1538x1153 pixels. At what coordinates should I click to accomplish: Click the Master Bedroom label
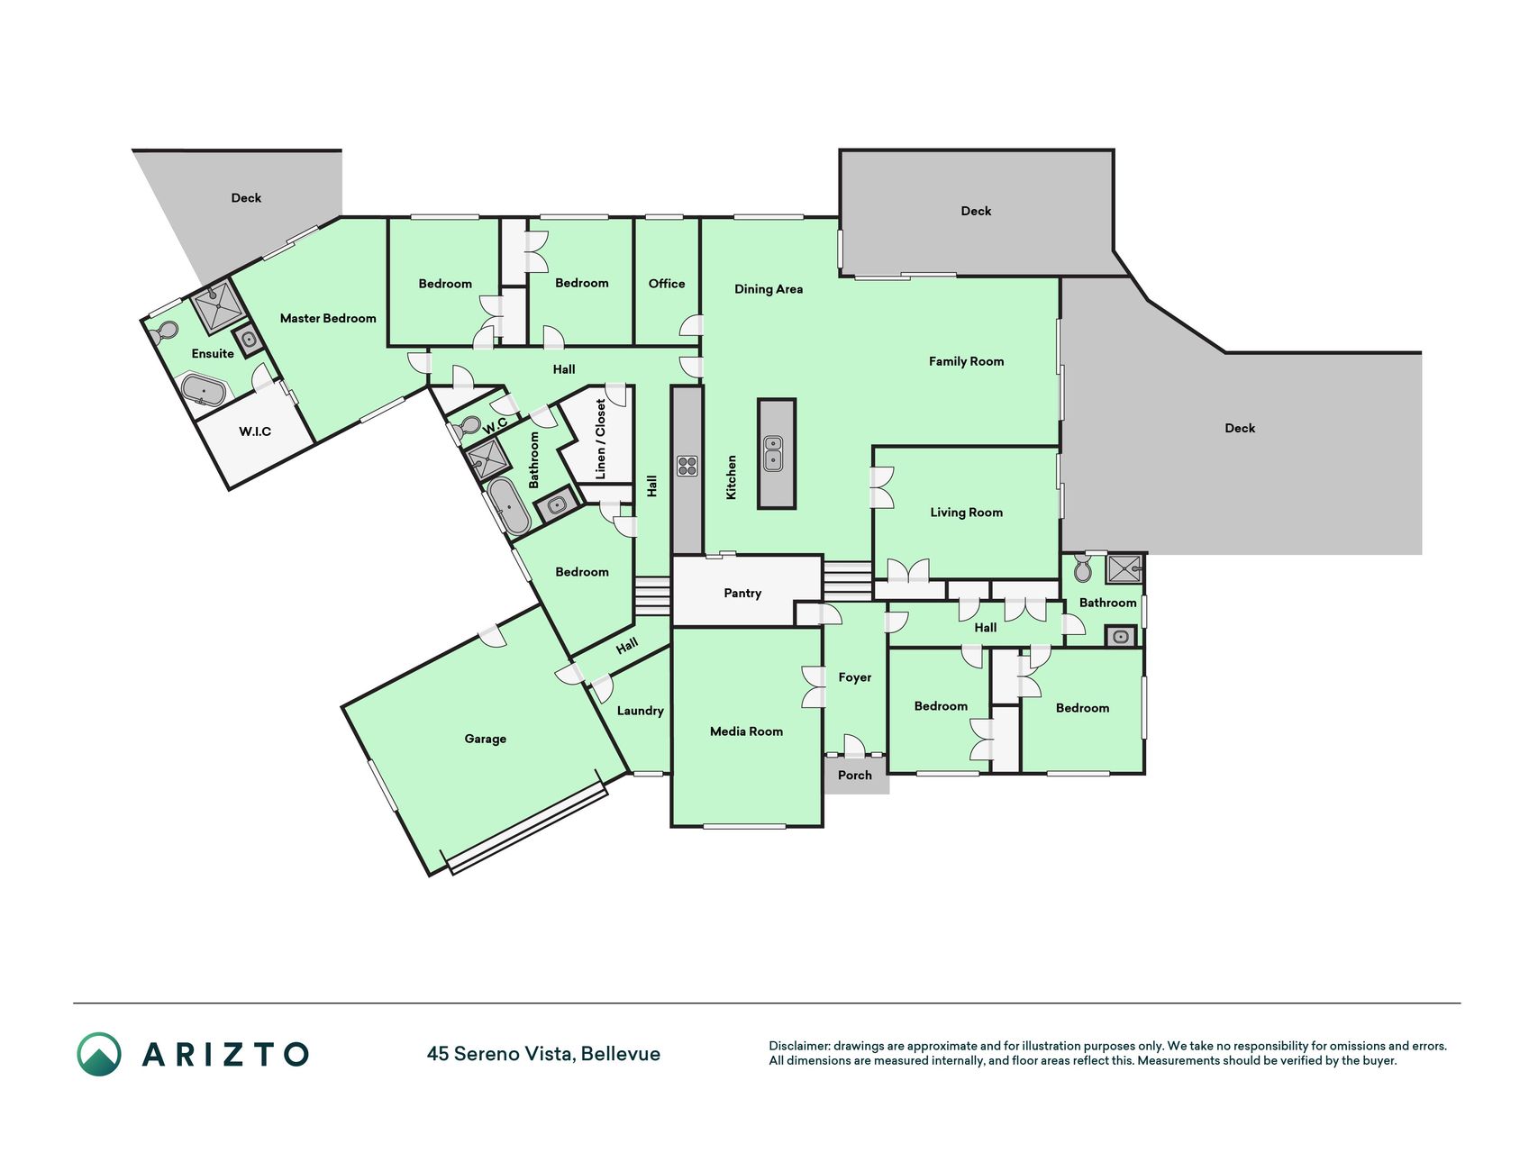click(328, 318)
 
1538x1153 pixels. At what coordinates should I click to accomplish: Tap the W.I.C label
click(255, 431)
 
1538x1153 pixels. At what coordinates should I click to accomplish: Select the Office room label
click(667, 284)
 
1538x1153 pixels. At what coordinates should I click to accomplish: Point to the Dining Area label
click(769, 289)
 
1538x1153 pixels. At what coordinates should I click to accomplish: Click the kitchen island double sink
click(773, 453)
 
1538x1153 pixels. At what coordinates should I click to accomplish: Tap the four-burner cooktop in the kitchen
click(687, 466)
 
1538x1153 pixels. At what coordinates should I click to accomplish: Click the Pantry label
click(742, 593)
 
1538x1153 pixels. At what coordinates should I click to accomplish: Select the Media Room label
click(746, 731)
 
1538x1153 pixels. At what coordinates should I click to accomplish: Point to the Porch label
click(855, 775)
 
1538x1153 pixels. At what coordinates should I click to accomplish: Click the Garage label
click(485, 739)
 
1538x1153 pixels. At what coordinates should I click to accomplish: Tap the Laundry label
click(640, 711)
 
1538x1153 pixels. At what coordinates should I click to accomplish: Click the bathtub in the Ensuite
click(204, 391)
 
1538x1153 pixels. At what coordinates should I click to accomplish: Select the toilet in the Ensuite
click(164, 332)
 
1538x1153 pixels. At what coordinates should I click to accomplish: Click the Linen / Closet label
click(601, 440)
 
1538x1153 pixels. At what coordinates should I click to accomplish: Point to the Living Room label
click(966, 513)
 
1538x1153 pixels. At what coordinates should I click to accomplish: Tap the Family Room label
click(966, 361)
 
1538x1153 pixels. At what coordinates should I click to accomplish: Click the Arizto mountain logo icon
click(99, 1054)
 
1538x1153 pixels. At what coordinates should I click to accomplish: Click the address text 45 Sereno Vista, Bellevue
click(543, 1054)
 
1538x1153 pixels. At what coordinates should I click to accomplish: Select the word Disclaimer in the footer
click(798, 1046)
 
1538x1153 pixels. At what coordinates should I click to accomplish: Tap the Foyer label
click(854, 677)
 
